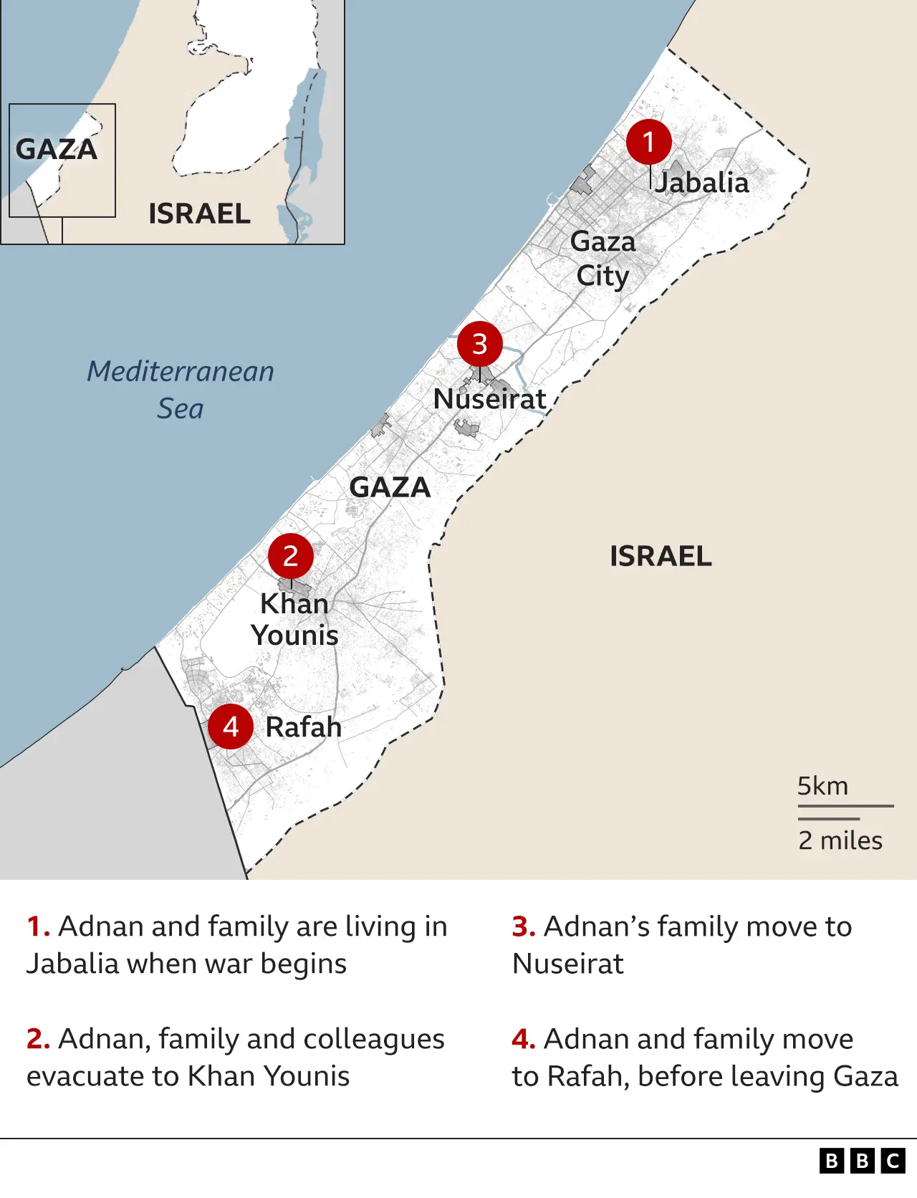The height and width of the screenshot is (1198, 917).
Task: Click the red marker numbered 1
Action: tap(648, 142)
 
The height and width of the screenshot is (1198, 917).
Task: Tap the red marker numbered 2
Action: tap(290, 555)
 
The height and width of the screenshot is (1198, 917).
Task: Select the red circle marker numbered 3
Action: tap(480, 344)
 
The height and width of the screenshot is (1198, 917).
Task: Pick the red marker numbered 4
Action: tap(230, 727)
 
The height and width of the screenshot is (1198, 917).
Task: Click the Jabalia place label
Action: tap(702, 183)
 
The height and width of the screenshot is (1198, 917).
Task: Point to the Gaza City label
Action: tap(602, 259)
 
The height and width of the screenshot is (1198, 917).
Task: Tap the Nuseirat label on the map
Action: tap(489, 399)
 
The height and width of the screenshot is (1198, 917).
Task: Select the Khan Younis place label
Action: tap(294, 620)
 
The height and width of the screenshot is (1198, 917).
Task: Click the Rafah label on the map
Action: tap(303, 727)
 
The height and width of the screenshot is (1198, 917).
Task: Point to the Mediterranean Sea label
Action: tap(181, 390)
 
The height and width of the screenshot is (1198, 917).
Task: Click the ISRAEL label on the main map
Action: tap(661, 557)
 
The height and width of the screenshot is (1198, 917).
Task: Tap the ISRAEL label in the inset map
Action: tap(199, 214)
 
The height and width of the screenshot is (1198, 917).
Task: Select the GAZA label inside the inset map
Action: tap(57, 150)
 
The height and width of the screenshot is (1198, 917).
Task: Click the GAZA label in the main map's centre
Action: tap(390, 488)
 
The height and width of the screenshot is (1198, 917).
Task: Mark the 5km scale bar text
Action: tap(822, 786)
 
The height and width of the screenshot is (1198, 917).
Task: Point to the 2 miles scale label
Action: tap(840, 840)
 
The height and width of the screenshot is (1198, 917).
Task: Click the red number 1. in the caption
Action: tap(38, 926)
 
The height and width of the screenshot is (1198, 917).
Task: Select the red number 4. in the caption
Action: tap(524, 1039)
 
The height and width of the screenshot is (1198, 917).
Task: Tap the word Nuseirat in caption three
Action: tap(568, 964)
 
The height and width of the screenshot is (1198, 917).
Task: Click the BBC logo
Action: tap(863, 1161)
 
